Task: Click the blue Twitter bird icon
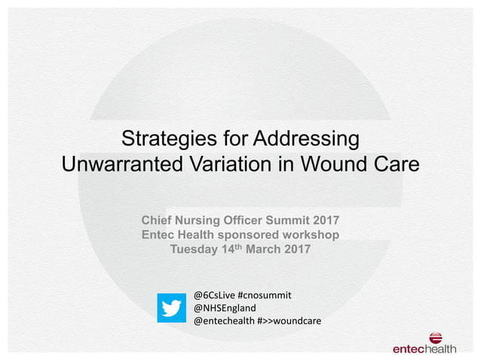tap(172, 307)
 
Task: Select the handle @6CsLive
tap(213, 294)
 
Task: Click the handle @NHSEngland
tap(225, 308)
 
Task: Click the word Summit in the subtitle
tap(285, 220)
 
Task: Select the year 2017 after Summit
tap(323, 220)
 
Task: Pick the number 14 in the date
tap(231, 250)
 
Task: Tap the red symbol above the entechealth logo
tap(437, 338)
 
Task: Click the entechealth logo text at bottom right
tap(424, 349)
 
